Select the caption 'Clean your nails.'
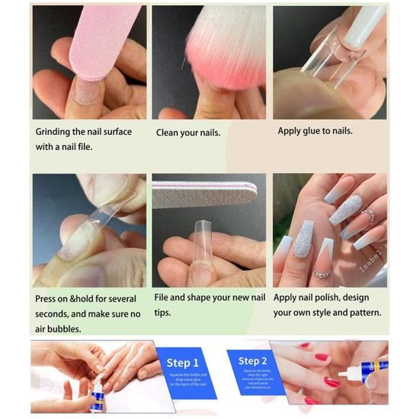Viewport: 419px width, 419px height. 188,133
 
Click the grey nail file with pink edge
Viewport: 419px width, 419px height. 202,194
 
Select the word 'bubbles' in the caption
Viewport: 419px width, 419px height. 65,328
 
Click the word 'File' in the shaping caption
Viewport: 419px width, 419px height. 166,298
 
